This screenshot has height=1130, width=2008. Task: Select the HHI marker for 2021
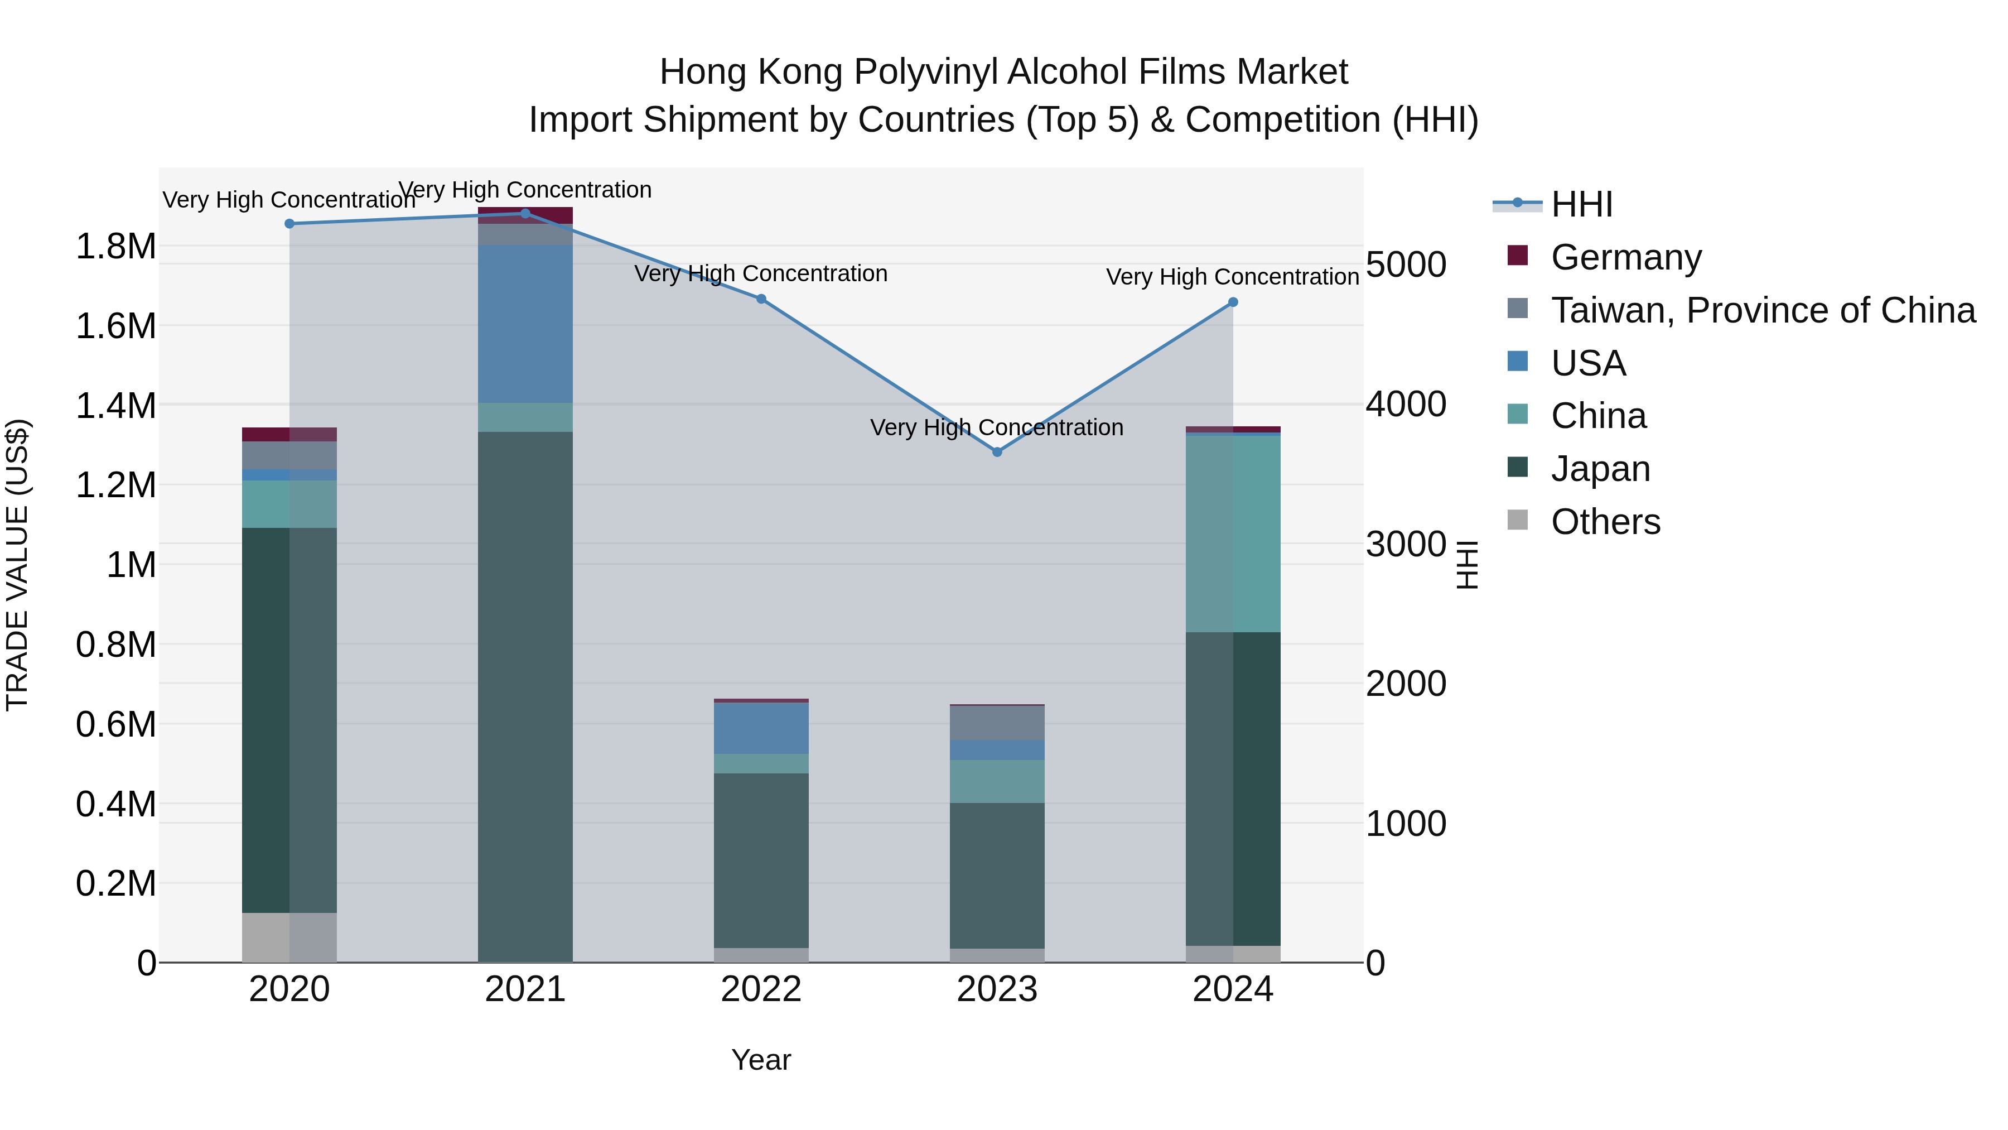pyautogui.click(x=525, y=214)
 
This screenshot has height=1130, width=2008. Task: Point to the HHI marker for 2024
pyautogui.click(x=1232, y=302)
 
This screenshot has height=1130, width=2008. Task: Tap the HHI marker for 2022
pyautogui.click(x=761, y=299)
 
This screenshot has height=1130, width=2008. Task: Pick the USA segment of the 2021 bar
pyautogui.click(x=525, y=324)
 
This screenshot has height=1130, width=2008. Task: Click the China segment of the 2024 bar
pyautogui.click(x=1232, y=533)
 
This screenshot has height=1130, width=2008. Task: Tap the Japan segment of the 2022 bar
pyautogui.click(x=761, y=860)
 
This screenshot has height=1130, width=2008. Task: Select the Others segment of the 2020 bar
pyautogui.click(x=289, y=937)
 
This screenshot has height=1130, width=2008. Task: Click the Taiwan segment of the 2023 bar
pyautogui.click(x=997, y=723)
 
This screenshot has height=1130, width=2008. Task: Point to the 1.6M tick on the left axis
pyautogui.click(x=116, y=326)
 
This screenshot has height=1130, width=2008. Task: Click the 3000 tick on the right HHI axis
pyautogui.click(x=1406, y=544)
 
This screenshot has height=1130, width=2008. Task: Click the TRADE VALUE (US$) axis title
pyautogui.click(x=18, y=565)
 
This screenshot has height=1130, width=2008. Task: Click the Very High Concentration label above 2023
pyautogui.click(x=997, y=427)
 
